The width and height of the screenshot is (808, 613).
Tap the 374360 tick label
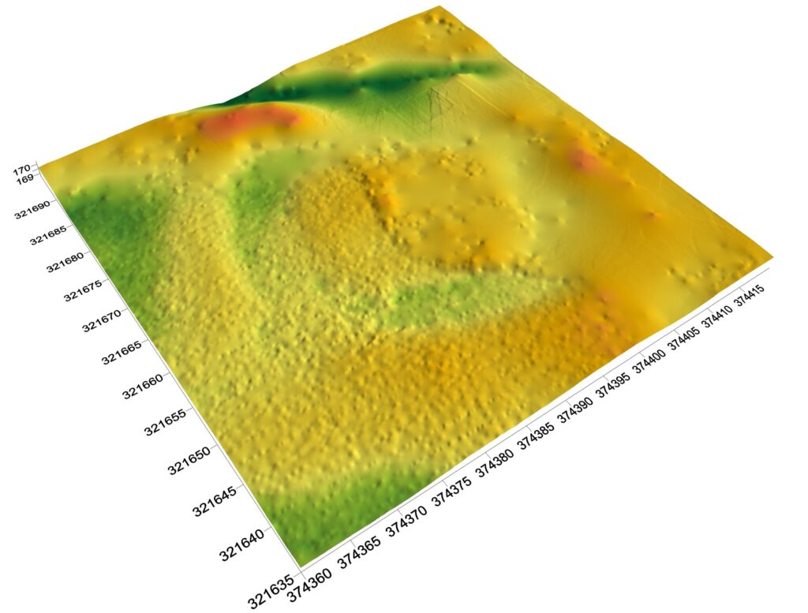(x=320, y=584)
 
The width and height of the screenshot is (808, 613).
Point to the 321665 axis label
(x=121, y=351)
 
